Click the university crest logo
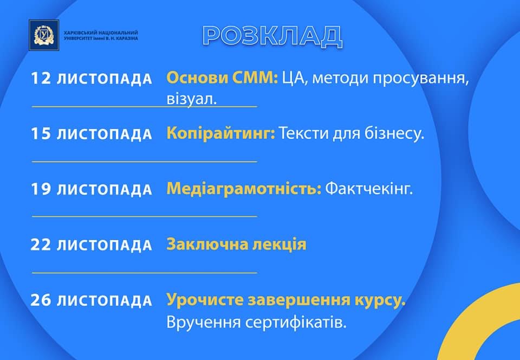44,35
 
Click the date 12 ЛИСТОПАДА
91,79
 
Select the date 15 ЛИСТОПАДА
91,134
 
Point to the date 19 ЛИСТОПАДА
91,189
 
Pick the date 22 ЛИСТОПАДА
91,245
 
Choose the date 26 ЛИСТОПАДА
91,300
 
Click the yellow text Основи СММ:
222,78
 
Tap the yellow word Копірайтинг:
221,134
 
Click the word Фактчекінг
369,189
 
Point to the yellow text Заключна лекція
237,244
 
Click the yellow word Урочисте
205,300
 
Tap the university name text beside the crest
101,35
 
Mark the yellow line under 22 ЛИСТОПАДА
144,272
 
